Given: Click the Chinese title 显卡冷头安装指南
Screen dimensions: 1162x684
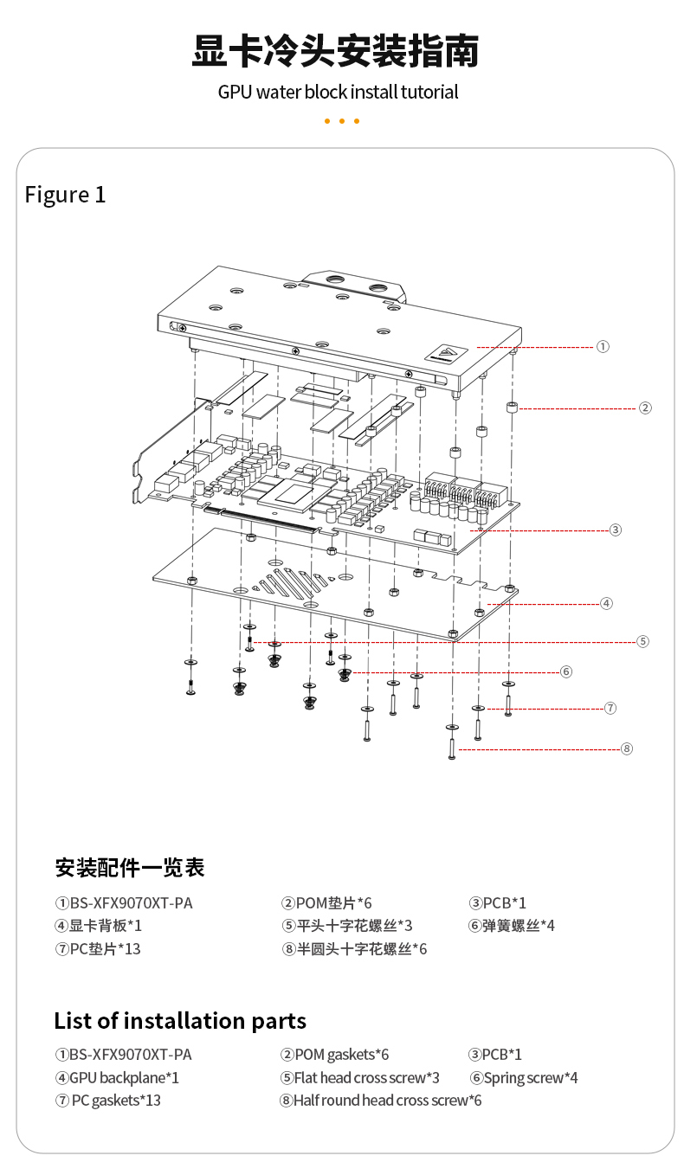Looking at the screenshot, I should click(x=335, y=51).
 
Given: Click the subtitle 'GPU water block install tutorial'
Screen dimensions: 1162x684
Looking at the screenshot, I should click(x=338, y=92).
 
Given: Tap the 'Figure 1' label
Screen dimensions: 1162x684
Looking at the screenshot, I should click(x=65, y=195).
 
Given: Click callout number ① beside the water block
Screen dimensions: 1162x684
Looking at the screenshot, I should click(x=603, y=346).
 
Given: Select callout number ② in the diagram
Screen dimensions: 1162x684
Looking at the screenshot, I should click(x=645, y=408).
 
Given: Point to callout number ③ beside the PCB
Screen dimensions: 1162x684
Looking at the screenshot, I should click(x=615, y=530).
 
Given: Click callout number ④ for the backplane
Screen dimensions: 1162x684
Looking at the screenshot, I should click(x=606, y=603).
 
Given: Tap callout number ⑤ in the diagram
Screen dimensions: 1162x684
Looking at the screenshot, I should click(x=642, y=641).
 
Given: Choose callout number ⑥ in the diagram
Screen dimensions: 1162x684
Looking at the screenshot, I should click(x=566, y=671).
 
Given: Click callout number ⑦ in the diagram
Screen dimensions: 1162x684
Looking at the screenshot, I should click(x=610, y=708).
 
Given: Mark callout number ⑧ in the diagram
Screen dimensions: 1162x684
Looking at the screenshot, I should click(x=627, y=748).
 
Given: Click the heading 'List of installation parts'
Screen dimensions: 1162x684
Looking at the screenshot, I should click(x=180, y=1021).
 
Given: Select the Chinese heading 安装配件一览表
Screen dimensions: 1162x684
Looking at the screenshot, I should click(x=130, y=867).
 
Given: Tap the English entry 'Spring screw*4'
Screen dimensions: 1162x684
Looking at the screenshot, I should click(x=524, y=1078).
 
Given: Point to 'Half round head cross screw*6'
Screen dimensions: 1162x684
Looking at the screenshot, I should click(x=380, y=1101).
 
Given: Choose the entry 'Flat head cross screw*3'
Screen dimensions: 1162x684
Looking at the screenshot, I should click(x=359, y=1078).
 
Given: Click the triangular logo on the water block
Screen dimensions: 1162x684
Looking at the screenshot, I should click(x=448, y=352).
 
